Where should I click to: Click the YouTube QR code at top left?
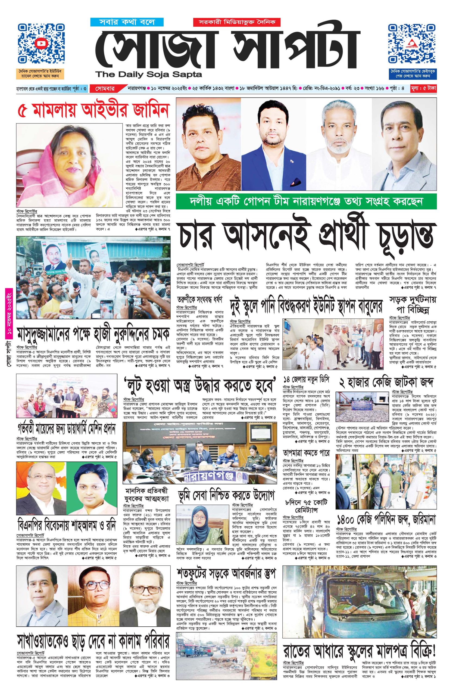[x=41, y=44]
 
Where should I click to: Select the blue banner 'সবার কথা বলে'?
[x=127, y=22]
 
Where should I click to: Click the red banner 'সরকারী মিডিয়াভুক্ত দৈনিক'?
[x=236, y=22]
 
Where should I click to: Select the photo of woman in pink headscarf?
[x=69, y=166]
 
